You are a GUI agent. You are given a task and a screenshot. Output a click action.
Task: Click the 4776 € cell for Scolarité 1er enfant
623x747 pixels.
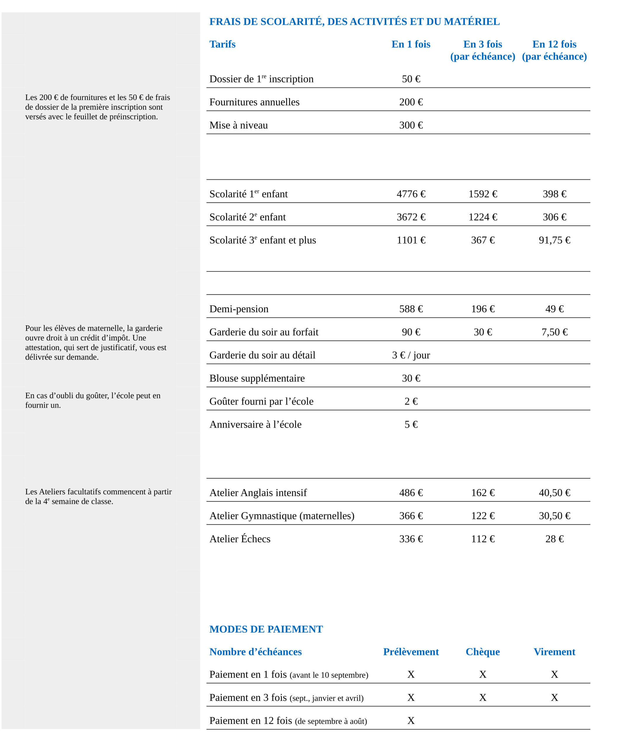(x=411, y=194)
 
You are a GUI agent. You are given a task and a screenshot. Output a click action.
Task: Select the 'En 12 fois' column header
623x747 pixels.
(x=554, y=44)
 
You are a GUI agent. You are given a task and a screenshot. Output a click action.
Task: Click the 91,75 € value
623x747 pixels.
(x=554, y=240)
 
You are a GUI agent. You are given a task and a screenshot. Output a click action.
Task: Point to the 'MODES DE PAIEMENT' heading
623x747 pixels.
(x=265, y=629)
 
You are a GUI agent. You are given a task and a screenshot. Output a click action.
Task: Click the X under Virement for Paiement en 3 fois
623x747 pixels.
(x=554, y=698)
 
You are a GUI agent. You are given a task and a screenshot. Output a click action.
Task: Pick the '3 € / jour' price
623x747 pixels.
(x=411, y=355)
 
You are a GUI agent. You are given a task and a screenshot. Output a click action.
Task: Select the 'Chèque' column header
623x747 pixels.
(x=483, y=652)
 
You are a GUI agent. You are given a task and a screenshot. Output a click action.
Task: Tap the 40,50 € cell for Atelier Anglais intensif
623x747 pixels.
(x=554, y=493)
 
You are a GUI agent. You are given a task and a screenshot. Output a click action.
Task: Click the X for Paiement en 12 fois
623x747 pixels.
(x=411, y=721)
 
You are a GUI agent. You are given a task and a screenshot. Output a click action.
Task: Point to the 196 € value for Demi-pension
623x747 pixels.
(x=483, y=309)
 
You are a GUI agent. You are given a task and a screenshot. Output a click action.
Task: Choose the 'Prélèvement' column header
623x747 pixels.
(x=411, y=652)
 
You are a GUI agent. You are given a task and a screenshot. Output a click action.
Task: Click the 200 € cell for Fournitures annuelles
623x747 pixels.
(x=411, y=102)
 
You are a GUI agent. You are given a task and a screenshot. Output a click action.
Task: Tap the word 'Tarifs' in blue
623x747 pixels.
(x=222, y=44)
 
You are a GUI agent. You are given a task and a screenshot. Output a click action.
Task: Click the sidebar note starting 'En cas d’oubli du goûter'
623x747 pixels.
(x=93, y=400)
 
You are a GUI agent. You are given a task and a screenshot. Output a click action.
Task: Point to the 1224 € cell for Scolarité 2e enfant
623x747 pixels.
(x=483, y=217)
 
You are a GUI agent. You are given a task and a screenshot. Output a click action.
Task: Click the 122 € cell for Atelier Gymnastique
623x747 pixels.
(x=483, y=516)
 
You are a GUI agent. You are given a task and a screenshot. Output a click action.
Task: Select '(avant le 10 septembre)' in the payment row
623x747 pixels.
(x=329, y=675)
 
